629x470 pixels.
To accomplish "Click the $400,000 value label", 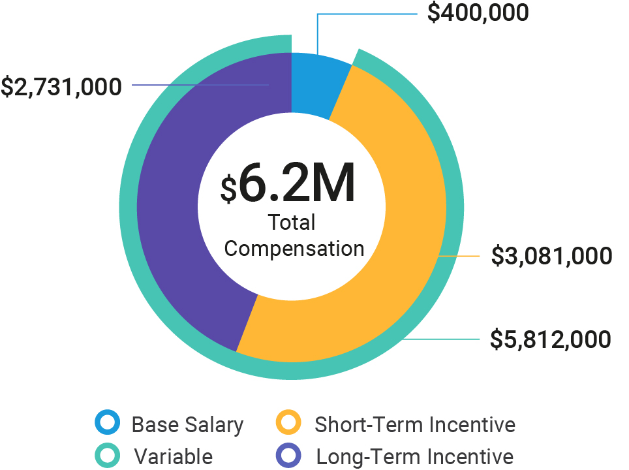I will (x=478, y=12).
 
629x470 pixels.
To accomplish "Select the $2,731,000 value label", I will (x=61, y=86).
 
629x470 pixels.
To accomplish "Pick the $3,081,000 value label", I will (x=551, y=256).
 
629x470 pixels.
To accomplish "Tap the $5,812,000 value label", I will (x=551, y=339).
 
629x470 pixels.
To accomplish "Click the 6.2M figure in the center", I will (x=297, y=185).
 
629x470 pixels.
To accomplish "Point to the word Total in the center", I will (x=292, y=223).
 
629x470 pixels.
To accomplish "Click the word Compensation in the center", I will (x=294, y=249).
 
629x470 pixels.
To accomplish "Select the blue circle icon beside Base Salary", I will (x=107, y=423).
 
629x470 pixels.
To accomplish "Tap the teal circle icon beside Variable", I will (x=107, y=455).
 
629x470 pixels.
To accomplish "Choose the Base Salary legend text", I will (x=187, y=425).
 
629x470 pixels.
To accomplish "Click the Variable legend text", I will (x=174, y=456).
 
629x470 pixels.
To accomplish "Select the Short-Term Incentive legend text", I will (x=415, y=425).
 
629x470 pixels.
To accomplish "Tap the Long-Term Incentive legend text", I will (x=415, y=456).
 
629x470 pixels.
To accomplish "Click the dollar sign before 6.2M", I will (x=228, y=189).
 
